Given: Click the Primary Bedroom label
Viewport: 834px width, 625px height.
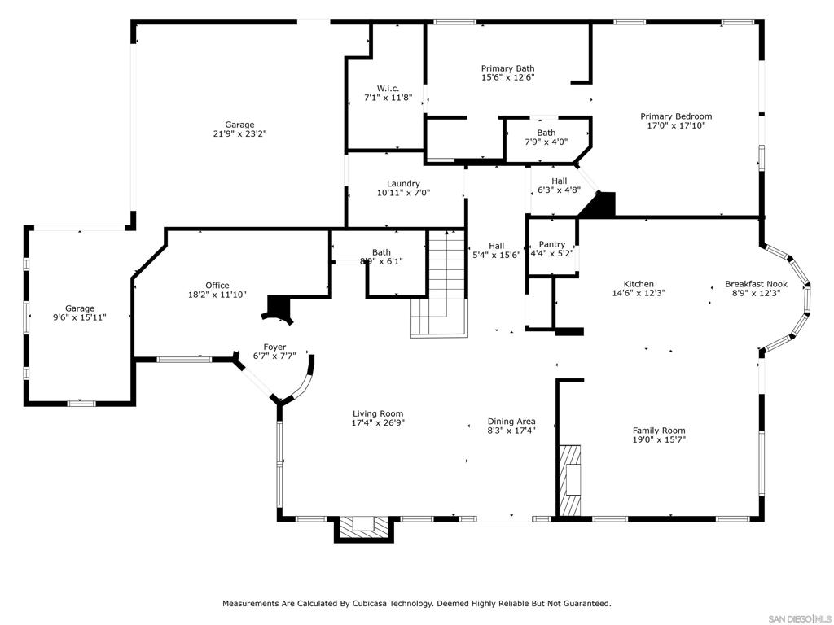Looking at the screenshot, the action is [676, 116].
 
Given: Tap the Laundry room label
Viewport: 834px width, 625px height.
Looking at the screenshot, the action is [403, 184].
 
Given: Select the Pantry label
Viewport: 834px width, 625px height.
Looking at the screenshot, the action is [552, 244].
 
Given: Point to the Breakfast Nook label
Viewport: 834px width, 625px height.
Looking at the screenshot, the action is [756, 284].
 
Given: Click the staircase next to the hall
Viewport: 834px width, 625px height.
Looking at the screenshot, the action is [439, 283].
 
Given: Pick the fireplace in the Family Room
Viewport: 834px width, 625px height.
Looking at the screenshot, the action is [569, 480].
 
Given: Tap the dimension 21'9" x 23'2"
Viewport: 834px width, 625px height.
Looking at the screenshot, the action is [239, 134].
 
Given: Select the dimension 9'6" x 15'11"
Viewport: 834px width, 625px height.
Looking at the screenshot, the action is [80, 317].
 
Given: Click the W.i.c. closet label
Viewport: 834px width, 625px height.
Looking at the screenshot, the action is [388, 89].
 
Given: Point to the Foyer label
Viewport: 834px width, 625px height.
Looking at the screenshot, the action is [274, 347].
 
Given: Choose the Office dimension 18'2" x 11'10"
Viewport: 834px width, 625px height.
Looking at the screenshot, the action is [217, 295].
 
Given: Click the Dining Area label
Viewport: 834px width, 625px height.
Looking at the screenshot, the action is [511, 422].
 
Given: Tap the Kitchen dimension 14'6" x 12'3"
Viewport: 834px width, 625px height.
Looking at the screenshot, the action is [639, 293].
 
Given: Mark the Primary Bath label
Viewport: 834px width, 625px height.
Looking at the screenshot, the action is [508, 68].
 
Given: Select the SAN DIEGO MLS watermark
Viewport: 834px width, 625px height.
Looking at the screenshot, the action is [801, 619].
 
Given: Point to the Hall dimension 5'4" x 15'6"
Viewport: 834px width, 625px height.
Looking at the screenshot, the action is [497, 255].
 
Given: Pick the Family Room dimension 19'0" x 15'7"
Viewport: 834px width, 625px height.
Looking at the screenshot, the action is [659, 439].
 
